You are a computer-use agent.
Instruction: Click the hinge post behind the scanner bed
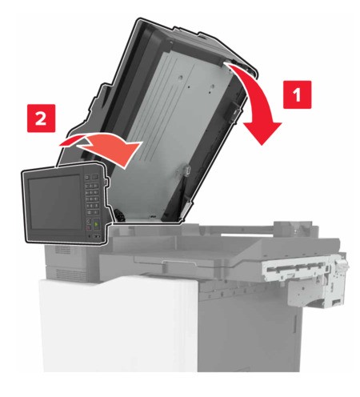(279, 229)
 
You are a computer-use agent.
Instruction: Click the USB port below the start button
(98, 237)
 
